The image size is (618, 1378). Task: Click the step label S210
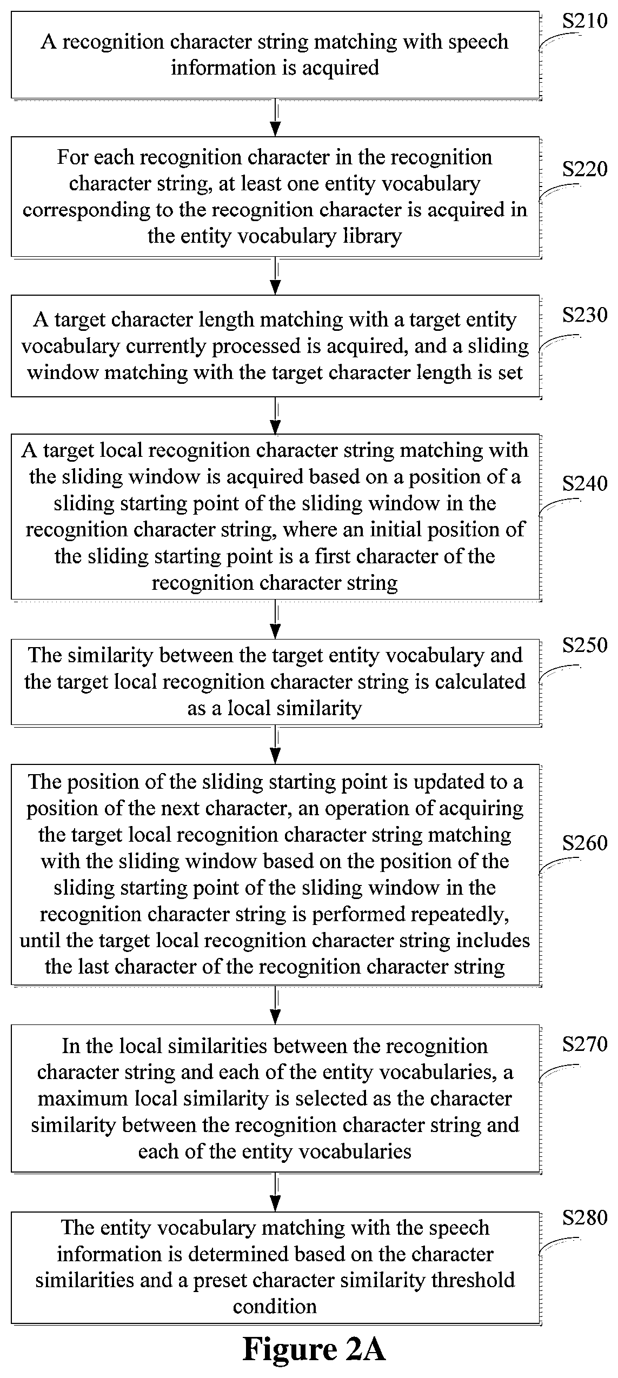click(x=585, y=22)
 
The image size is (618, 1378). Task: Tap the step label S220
click(x=585, y=170)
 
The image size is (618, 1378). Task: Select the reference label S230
click(x=585, y=315)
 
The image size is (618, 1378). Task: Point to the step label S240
click(x=585, y=483)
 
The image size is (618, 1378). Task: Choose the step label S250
click(x=585, y=645)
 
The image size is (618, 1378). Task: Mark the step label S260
click(x=585, y=843)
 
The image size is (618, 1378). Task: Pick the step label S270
click(x=585, y=1044)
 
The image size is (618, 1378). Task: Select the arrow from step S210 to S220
click(x=276, y=117)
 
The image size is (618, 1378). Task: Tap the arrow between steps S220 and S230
click(x=276, y=276)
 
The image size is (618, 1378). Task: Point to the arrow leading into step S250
click(x=276, y=620)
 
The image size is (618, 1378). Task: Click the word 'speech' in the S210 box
click(x=479, y=42)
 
